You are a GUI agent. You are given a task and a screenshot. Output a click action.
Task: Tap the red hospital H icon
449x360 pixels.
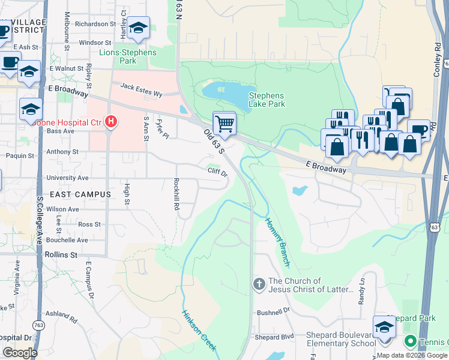[110, 122]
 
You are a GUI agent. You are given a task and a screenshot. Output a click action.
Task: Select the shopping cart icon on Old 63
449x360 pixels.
[224, 124]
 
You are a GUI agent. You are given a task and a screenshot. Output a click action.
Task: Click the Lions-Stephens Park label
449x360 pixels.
[128, 56]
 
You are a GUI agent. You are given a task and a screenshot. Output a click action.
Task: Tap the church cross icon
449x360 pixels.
[259, 283]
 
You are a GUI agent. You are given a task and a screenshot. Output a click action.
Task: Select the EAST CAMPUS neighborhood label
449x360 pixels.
[80, 194]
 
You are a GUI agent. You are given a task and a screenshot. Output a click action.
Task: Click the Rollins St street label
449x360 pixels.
[62, 254]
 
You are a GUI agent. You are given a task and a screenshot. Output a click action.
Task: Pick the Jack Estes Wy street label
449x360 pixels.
[141, 90]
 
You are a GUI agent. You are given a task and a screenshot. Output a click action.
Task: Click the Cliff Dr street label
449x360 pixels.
[217, 173]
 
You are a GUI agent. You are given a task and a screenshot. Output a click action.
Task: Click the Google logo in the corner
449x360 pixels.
[19, 353]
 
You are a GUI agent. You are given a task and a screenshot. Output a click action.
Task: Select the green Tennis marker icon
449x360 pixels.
[411, 341]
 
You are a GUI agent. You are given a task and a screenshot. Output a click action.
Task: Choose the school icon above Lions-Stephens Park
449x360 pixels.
[139, 28]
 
